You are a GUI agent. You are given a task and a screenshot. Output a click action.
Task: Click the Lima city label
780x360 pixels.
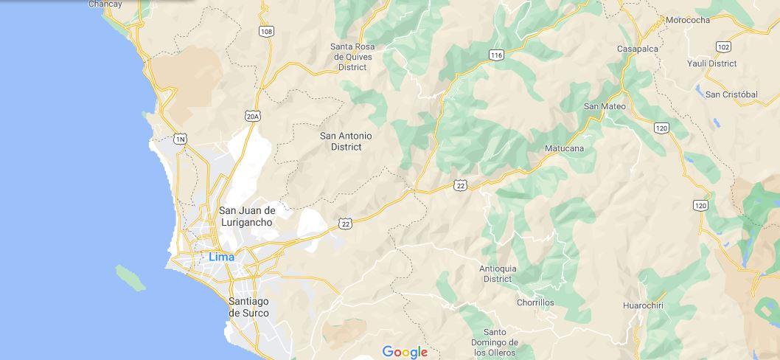coord(221,257)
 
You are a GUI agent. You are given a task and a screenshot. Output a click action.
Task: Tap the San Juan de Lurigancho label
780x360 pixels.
coord(246,216)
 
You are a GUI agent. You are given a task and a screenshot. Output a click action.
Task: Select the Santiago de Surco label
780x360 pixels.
coord(248,307)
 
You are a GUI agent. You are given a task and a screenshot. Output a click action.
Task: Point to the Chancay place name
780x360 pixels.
coord(105,4)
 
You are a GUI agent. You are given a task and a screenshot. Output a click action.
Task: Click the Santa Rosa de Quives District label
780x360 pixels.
coord(352,57)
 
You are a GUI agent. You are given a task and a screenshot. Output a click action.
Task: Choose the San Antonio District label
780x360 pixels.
coord(346,141)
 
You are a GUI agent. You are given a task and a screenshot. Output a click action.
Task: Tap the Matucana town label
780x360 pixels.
coord(564,148)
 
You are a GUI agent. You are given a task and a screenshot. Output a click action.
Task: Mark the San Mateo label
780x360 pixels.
coord(605,106)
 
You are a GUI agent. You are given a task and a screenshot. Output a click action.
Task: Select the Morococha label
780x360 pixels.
coord(687,20)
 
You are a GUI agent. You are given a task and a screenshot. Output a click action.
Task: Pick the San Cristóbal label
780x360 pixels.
coord(731,94)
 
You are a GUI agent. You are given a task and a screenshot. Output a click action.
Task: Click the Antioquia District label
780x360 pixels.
coord(498,273)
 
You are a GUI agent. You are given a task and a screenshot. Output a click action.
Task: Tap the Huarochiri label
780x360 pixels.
coord(644,305)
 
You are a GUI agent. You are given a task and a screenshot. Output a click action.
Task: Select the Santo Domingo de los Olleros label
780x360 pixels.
coord(495,342)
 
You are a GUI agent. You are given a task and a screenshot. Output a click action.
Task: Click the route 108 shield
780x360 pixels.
coord(266,31)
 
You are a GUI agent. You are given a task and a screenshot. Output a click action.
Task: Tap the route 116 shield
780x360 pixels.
coord(496,55)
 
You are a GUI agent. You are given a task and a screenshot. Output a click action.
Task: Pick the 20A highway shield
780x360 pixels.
coord(253,116)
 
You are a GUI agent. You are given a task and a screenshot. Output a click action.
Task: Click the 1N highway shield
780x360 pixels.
coord(180,139)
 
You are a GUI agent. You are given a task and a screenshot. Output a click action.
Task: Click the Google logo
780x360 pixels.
coord(405,352)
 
